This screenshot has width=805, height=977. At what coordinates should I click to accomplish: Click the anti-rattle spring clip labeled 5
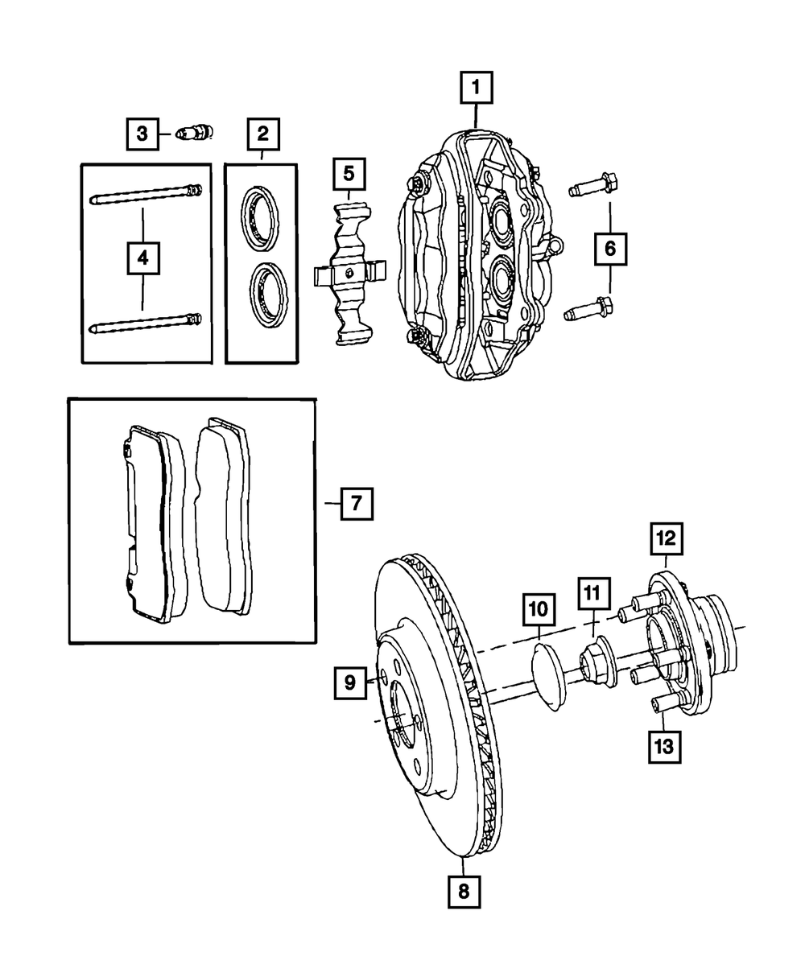tap(349, 273)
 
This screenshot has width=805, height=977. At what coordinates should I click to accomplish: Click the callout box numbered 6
tap(609, 249)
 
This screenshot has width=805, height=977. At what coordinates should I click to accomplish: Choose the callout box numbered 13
tap(663, 746)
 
